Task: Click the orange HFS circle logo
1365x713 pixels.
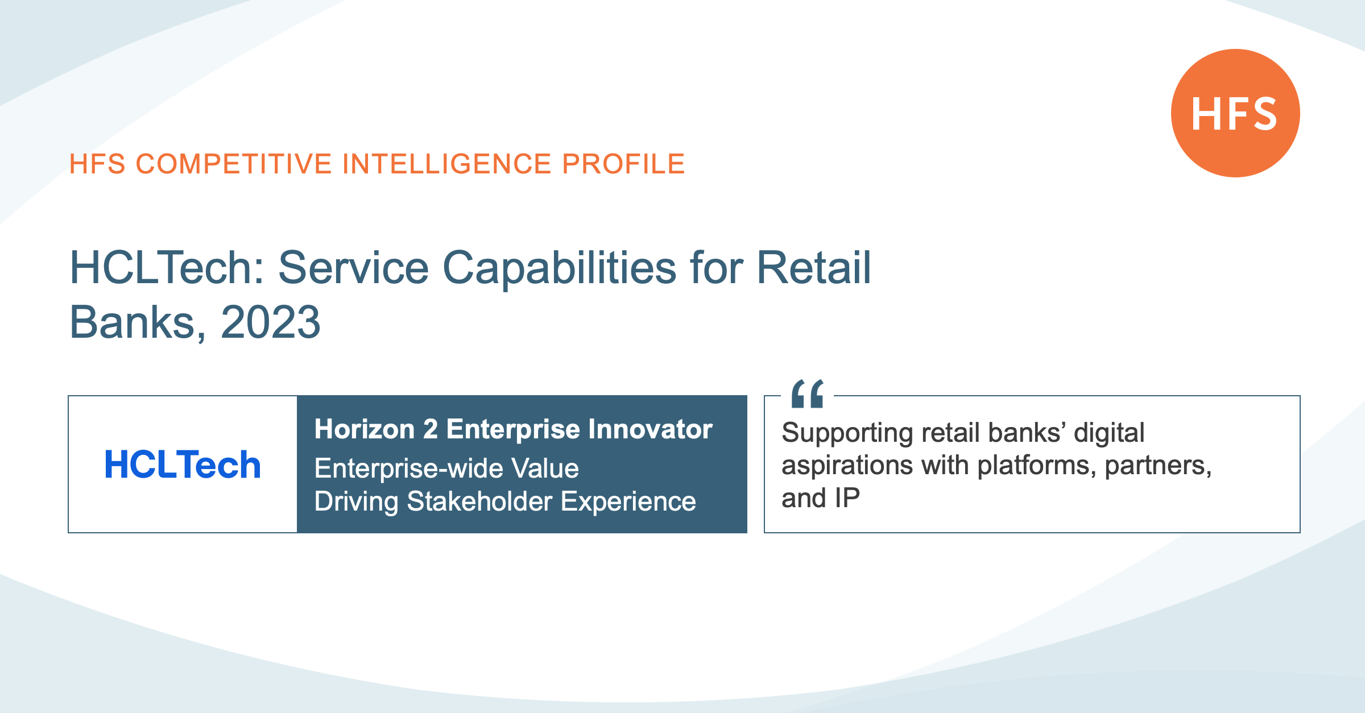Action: (1235, 113)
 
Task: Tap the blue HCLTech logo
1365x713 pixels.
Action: (183, 465)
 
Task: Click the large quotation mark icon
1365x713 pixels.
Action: (808, 393)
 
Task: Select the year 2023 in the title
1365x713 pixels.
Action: (271, 322)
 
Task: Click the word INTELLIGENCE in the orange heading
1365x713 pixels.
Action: (447, 164)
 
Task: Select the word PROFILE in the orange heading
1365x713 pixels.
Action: (623, 164)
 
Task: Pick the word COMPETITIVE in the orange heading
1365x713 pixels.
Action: (234, 164)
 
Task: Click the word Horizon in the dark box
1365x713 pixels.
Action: (365, 429)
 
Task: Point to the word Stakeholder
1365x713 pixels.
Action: (479, 501)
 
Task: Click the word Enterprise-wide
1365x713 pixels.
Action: (409, 469)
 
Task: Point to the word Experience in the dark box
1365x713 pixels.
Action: (628, 502)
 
